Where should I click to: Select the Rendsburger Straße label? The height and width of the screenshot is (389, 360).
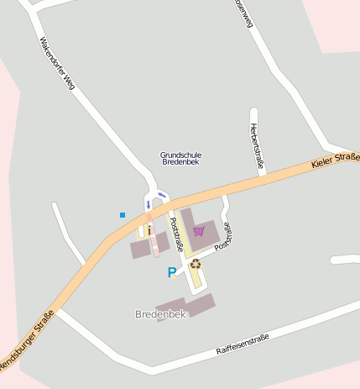[25, 339]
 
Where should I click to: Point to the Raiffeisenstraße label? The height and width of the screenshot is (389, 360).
[242, 343]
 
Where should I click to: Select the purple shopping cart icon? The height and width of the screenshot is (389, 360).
[198, 230]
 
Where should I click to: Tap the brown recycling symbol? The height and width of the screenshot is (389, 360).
[196, 264]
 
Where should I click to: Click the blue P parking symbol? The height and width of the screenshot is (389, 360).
[172, 272]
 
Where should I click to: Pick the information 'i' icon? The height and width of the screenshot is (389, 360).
[149, 229]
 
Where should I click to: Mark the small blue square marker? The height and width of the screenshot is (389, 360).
[123, 215]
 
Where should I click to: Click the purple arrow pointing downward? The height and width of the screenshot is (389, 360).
[149, 204]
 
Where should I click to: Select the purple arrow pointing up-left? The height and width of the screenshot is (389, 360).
[162, 196]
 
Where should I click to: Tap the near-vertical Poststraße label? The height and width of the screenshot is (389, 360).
[176, 235]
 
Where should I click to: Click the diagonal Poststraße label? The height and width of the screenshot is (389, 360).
[222, 237]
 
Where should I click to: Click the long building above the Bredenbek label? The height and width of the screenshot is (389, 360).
[185, 306]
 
